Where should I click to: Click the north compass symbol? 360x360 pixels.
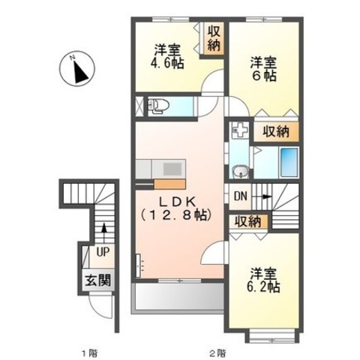pyautogui.click(x=77, y=69)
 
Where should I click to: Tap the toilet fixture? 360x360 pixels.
pyautogui.click(x=158, y=106)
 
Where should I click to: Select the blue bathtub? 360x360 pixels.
pyautogui.click(x=289, y=162)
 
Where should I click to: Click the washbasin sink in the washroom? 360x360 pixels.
pyautogui.click(x=241, y=172)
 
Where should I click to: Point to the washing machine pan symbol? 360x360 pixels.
pyautogui.click(x=240, y=130)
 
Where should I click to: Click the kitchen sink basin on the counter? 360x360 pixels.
pyautogui.click(x=172, y=169)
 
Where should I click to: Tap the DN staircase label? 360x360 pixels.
pyautogui.click(x=241, y=196)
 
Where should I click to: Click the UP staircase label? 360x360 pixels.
pyautogui.click(x=103, y=253)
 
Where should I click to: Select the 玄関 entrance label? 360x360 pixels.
pyautogui.click(x=98, y=280)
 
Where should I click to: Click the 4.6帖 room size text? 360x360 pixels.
pyautogui.click(x=167, y=64)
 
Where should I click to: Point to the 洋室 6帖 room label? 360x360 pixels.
pyautogui.click(x=264, y=69)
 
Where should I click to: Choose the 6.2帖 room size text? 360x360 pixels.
pyautogui.click(x=263, y=287)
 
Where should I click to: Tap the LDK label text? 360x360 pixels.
pyautogui.click(x=177, y=202)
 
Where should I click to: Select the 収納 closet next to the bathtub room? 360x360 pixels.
pyautogui.click(x=276, y=131)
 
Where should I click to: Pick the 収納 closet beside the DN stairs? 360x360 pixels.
pyautogui.click(x=248, y=221)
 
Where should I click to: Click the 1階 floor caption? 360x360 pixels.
pyautogui.click(x=90, y=353)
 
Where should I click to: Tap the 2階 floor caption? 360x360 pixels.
pyautogui.click(x=217, y=353)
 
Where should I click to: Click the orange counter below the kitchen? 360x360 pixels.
pyautogui.click(x=169, y=184)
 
